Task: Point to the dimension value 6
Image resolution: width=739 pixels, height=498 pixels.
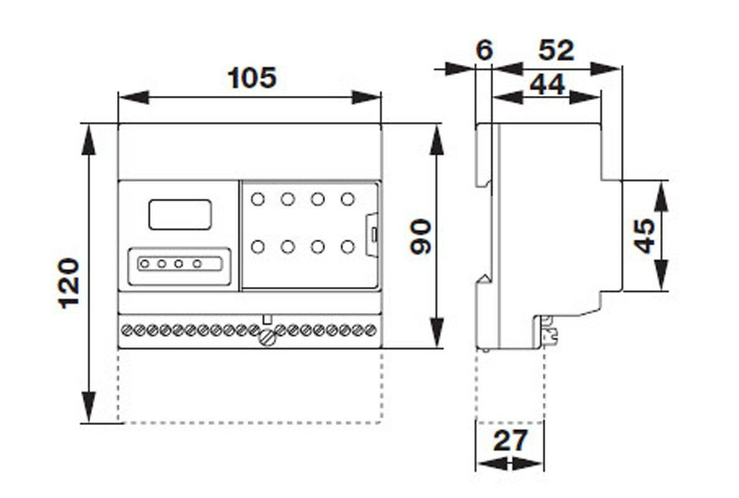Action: (x=484, y=50)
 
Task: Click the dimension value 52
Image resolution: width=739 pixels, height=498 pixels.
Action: (x=555, y=50)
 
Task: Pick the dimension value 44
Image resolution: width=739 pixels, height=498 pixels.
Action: (x=547, y=84)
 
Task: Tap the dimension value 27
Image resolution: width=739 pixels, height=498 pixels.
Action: (x=510, y=441)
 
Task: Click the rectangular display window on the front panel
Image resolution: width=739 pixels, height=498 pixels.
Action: (x=179, y=214)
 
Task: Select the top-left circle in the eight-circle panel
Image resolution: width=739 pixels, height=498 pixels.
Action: (x=257, y=200)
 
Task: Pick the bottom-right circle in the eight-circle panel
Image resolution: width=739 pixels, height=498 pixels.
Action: (x=347, y=247)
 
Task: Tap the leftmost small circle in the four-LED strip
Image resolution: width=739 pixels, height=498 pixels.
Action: (x=144, y=264)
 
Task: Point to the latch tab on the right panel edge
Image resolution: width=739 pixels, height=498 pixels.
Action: (x=372, y=234)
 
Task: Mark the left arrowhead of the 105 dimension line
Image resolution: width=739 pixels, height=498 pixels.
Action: (x=131, y=97)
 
